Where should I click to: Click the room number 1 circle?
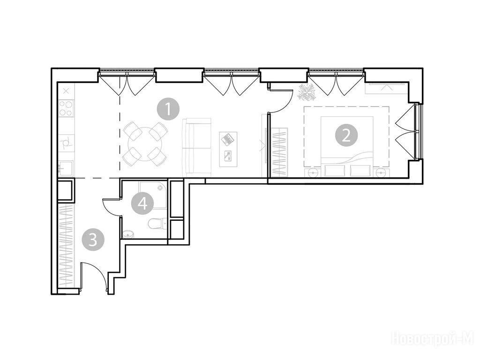point(168,109)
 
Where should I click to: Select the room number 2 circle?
point(346,135)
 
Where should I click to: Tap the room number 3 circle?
point(93,240)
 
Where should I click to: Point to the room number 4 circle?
point(142,203)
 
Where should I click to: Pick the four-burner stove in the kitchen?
point(66,108)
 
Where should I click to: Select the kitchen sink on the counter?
point(66,168)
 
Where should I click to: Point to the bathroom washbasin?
point(129,234)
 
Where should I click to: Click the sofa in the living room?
point(197,147)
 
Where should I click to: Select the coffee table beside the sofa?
point(228,149)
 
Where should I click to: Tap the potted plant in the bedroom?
point(307,92)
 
